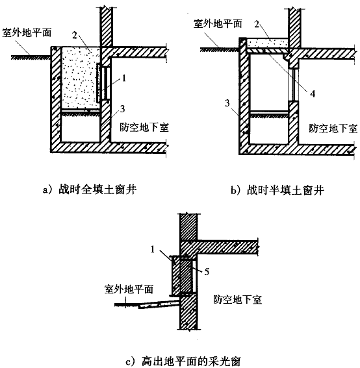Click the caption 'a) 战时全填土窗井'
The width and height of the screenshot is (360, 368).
(x=90, y=190)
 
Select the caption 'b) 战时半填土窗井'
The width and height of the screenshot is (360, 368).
(x=277, y=190)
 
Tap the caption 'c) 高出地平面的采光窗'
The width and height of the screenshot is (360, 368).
(x=183, y=361)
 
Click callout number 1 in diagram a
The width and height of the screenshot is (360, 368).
(x=124, y=78)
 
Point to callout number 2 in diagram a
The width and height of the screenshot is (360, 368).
(x=75, y=35)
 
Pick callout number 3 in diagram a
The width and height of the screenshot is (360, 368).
(x=122, y=109)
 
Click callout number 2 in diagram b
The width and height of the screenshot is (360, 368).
(x=257, y=24)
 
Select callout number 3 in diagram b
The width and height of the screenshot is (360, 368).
(x=227, y=103)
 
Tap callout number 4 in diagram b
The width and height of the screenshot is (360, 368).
(x=313, y=94)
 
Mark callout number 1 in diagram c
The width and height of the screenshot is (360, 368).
(x=153, y=249)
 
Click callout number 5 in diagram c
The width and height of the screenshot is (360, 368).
(x=207, y=272)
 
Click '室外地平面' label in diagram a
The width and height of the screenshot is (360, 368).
(x=27, y=32)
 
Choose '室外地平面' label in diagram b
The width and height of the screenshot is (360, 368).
(x=218, y=24)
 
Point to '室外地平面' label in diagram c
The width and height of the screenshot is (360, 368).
(x=129, y=289)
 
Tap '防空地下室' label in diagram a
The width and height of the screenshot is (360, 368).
(x=144, y=127)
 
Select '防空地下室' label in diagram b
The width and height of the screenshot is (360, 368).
(x=333, y=129)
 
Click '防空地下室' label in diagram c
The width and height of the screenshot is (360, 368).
(x=237, y=300)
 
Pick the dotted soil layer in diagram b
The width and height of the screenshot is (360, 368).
(x=268, y=43)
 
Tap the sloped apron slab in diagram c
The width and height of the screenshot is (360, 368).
(x=159, y=304)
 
